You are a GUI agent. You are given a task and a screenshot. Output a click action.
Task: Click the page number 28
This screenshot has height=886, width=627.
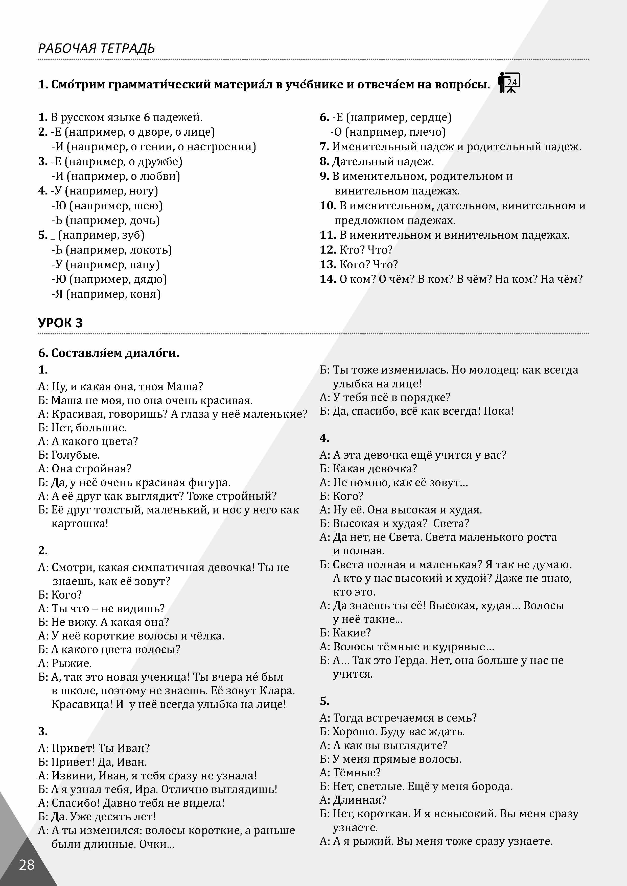tap(27, 865)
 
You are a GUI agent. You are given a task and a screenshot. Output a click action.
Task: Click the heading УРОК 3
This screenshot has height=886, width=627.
tap(60, 323)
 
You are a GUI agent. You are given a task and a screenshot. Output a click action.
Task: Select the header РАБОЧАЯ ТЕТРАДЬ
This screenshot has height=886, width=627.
tap(96, 49)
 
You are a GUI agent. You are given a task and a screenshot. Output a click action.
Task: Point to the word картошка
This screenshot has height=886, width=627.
tap(79, 524)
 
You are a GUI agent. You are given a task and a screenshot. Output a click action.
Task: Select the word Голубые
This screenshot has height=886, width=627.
tap(75, 455)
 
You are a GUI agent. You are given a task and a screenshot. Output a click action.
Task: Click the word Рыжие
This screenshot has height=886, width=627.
tap(72, 663)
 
